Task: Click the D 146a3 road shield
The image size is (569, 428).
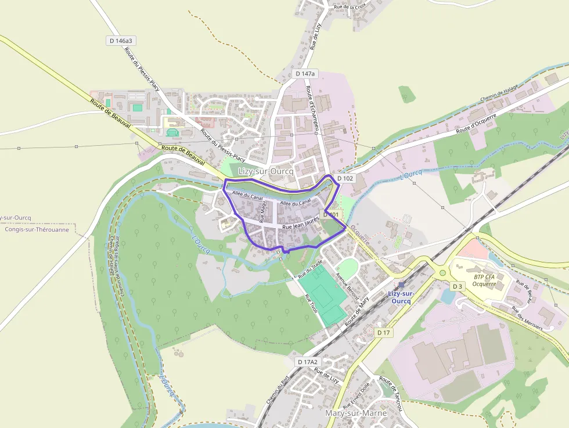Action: click(x=121, y=41)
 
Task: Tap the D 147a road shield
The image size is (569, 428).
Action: click(x=305, y=74)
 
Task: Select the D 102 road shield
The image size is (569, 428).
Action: click(x=345, y=178)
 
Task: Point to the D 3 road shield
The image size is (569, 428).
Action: click(x=458, y=286)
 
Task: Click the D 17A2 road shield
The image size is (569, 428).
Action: click(x=308, y=362)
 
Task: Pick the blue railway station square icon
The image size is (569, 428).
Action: click(x=401, y=284)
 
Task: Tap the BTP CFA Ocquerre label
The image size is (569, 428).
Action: click(x=484, y=280)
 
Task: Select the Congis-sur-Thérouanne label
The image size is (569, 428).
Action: click(x=36, y=229)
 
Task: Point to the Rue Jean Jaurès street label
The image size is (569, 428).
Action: click(x=301, y=227)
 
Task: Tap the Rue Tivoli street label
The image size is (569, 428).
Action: click(x=311, y=304)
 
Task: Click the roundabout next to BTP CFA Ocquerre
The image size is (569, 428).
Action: click(x=443, y=272)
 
